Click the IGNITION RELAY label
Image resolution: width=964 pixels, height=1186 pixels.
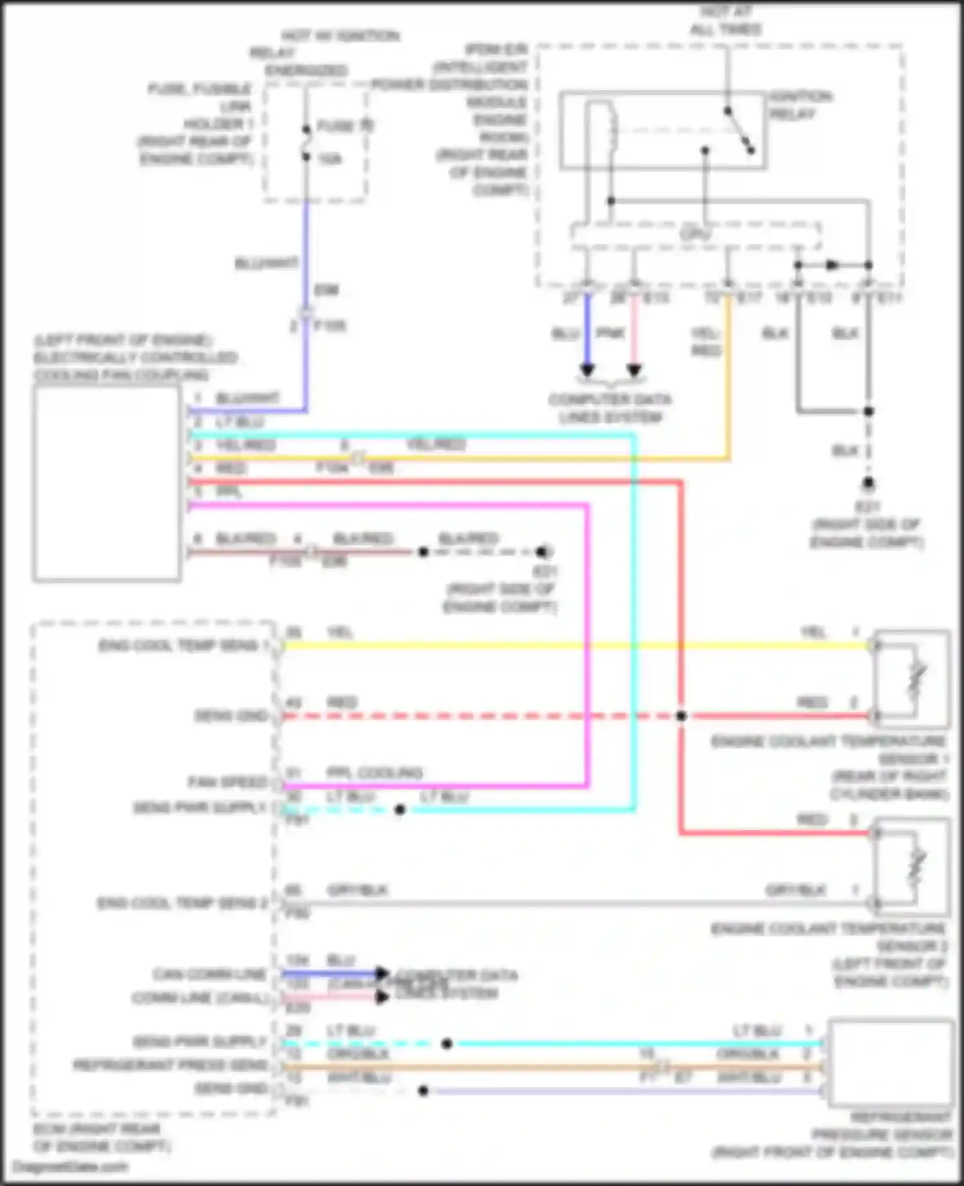click(x=800, y=105)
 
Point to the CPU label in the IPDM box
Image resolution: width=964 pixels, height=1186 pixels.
click(x=695, y=235)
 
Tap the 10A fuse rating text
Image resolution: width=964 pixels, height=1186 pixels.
click(x=330, y=159)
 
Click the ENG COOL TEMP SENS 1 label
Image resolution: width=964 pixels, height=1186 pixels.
click(x=183, y=646)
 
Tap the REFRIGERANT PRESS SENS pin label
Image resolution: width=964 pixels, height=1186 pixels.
click(x=170, y=1066)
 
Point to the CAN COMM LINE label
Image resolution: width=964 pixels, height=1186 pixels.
click(x=209, y=975)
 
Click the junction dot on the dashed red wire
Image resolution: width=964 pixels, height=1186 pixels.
click(x=681, y=716)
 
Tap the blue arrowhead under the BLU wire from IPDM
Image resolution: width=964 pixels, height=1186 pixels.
click(x=587, y=370)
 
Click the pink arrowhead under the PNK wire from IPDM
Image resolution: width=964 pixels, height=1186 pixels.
click(x=634, y=370)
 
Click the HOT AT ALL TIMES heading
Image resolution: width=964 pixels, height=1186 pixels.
click(x=725, y=21)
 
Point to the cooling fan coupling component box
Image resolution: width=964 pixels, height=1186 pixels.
click(x=107, y=483)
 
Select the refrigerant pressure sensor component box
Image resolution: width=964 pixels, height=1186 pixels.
click(x=891, y=1064)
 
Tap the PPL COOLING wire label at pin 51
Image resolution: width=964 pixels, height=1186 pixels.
click(x=374, y=772)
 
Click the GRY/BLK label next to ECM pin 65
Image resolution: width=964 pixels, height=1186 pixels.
click(x=357, y=890)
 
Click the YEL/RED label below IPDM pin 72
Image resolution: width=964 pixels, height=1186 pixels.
click(x=706, y=342)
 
